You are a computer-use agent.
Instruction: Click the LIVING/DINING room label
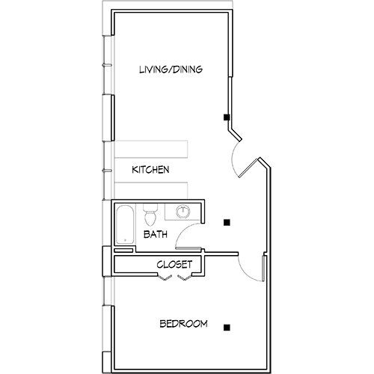[x=171, y=70]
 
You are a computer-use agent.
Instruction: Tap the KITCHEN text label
[x=150, y=170]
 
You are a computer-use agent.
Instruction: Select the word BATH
[x=155, y=234]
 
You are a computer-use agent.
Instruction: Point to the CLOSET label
[x=175, y=264]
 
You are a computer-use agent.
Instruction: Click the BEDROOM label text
[x=183, y=324]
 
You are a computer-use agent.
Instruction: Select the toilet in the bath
[x=150, y=218]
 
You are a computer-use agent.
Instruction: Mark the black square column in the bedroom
[x=226, y=326]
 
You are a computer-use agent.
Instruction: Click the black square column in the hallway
[x=226, y=221]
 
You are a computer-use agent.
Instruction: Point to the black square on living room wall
[x=224, y=117]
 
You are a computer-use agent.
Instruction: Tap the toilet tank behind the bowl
[x=149, y=207]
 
